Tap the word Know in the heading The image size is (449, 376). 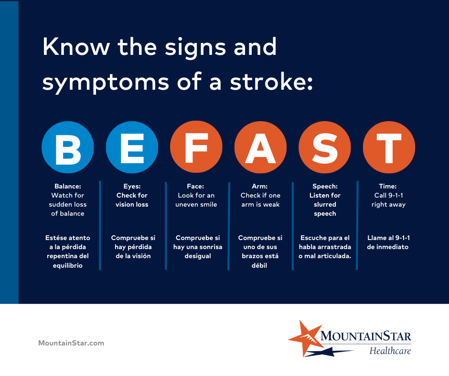tap(75, 47)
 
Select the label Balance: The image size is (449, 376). tap(68, 186)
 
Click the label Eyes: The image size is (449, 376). tap(132, 186)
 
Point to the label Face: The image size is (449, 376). tap(196, 186)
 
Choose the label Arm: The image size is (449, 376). tap(260, 186)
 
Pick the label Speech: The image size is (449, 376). tap(325, 186)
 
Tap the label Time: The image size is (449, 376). tap(389, 186)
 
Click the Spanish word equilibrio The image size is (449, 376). tap(68, 265)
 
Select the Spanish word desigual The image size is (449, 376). tap(196, 256)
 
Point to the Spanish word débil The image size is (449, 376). tap(260, 265)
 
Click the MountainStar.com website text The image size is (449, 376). tap(71, 343)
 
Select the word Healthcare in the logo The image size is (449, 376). tap(390, 351)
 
